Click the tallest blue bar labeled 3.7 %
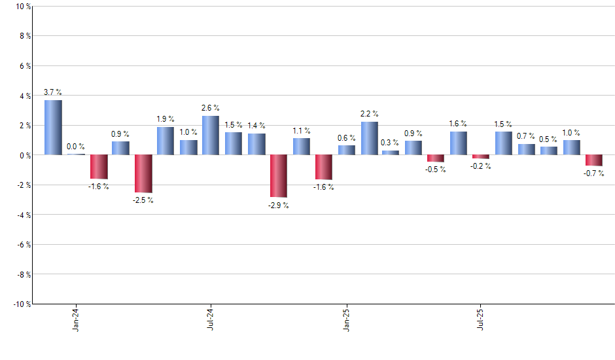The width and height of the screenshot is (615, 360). (53, 128)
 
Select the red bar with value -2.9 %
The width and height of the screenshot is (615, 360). (278, 176)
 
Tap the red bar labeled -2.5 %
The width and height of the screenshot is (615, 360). (143, 173)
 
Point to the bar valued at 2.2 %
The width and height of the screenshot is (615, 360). (369, 138)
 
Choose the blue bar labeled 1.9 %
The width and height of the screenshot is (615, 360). (166, 141)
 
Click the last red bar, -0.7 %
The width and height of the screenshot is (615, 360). (594, 160)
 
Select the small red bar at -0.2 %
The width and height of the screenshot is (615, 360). (481, 156)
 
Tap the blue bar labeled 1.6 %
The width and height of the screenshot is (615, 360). (459, 143)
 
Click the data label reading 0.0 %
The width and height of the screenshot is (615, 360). (76, 147)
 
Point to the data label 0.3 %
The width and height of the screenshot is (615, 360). (391, 143)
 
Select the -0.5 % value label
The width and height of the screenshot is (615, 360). (436, 170)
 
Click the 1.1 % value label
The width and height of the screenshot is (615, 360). (302, 130)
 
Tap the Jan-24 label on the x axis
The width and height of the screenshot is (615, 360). (77, 319)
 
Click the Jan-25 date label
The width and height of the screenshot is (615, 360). (347, 319)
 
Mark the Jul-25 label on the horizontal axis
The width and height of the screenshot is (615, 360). (482, 319)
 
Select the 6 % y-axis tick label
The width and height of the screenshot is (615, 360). (24, 66)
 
